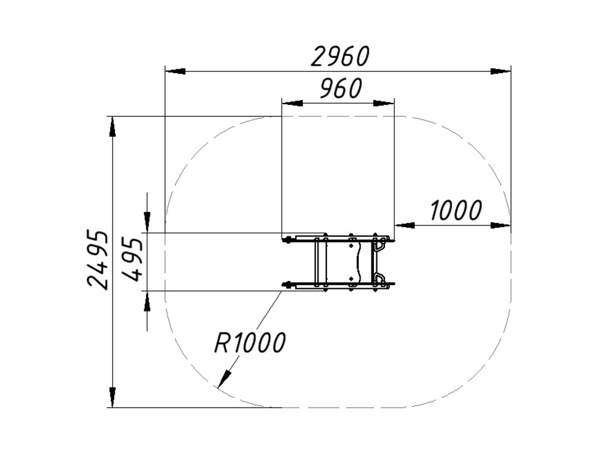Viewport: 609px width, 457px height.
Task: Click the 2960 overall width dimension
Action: pos(340,56)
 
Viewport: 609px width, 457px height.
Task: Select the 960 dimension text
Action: pos(340,88)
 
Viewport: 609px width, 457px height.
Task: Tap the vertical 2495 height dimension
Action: pos(97,260)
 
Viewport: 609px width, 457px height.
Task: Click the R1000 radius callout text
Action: pos(250,342)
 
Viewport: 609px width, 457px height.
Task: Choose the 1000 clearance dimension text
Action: pos(456,210)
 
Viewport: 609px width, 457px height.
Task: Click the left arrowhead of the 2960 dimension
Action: pos(175,71)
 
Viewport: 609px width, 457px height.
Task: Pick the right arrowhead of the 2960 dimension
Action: pos(501,71)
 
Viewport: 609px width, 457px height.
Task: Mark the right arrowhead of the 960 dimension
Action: pos(384,103)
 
